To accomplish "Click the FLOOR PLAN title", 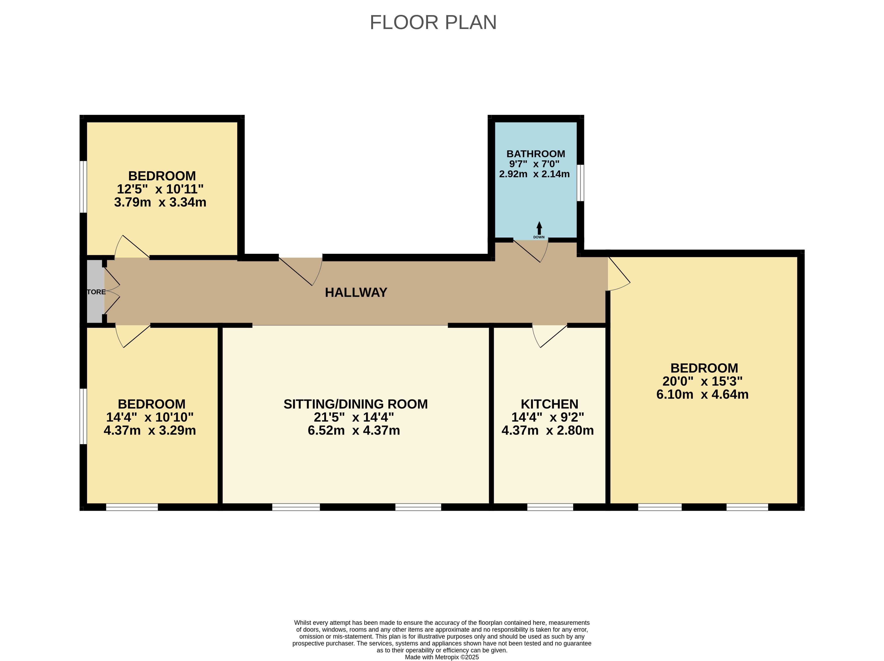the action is coord(433,22).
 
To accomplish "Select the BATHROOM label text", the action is coord(535,154).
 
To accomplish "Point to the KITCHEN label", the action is coord(550,404).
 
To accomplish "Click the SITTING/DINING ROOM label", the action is coord(356,404).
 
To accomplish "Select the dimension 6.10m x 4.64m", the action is coord(703,395).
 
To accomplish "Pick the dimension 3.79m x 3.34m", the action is coord(160,202).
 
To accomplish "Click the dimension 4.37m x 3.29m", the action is coord(150,430).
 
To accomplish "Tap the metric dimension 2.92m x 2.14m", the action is coord(534,174).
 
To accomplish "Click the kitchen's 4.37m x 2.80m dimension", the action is coord(547,430).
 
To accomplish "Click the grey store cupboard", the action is coord(95,291).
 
